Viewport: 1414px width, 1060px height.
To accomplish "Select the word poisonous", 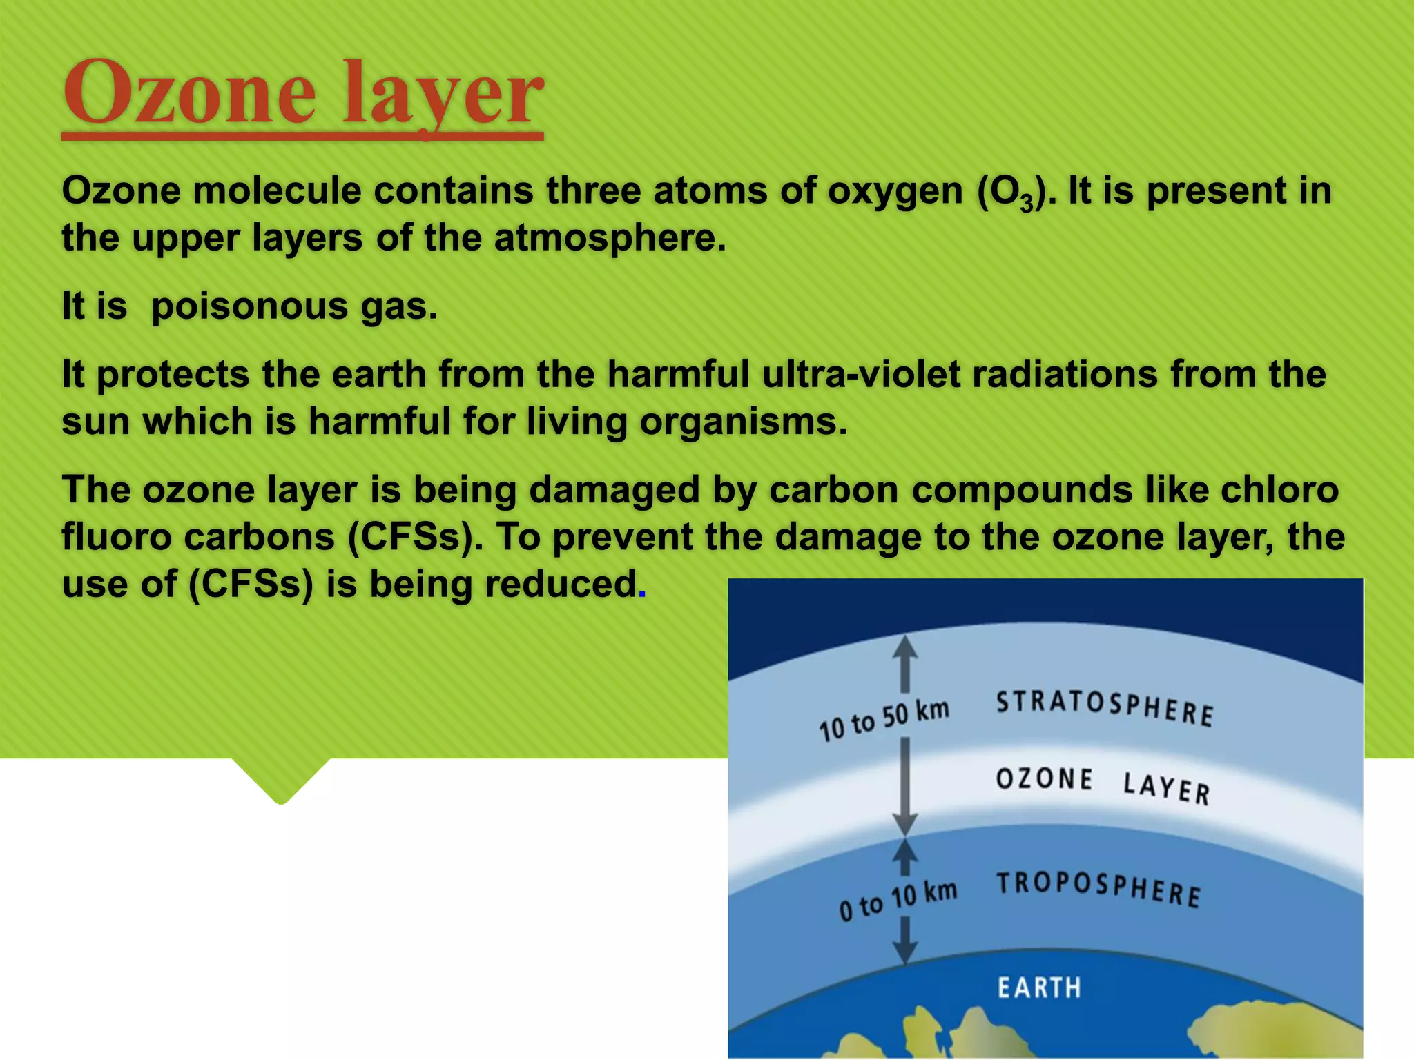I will (x=249, y=306).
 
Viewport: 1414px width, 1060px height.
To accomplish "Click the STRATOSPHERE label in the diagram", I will (x=1104, y=707).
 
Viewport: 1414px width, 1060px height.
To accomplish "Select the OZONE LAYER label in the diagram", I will (x=1103, y=785).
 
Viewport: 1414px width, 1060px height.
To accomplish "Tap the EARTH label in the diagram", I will (x=1039, y=988).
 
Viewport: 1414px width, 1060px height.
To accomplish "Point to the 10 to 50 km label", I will (x=884, y=720).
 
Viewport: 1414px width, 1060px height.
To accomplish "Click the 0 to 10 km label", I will (x=898, y=901).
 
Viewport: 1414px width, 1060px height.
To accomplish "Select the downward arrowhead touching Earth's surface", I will (x=904, y=953).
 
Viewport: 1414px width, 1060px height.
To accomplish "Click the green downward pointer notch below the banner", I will (x=280, y=781).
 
